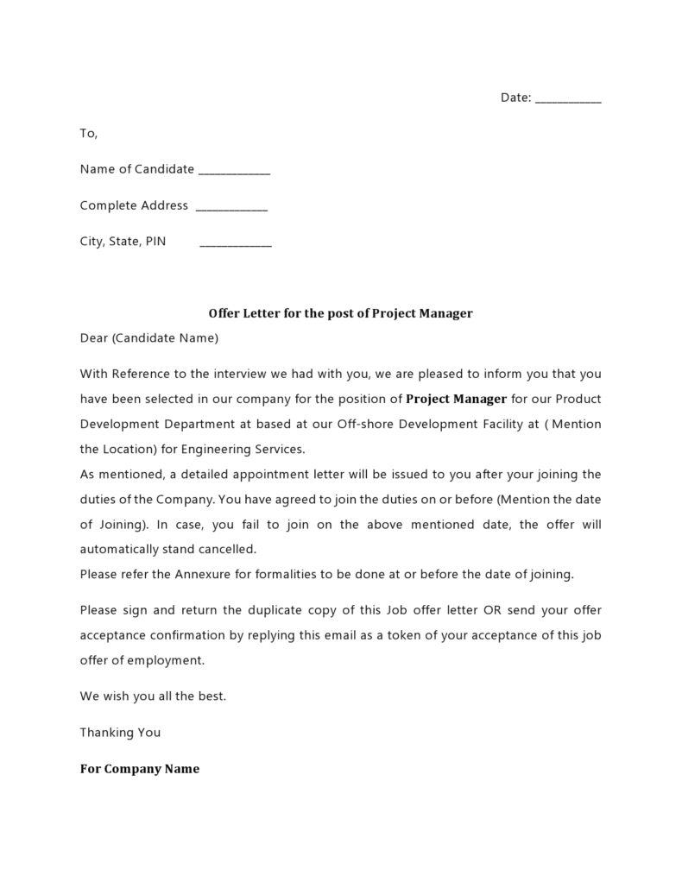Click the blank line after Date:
tap(568, 99)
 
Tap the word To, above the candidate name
tap(89, 134)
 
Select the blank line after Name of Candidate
tap(234, 171)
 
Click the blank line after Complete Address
tap(231, 207)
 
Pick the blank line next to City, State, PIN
tap(235, 243)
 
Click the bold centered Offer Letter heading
tap(340, 313)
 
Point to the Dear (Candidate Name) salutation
tap(149, 338)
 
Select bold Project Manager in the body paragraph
tap(456, 399)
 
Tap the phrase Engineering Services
tap(254, 449)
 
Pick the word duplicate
tap(256, 610)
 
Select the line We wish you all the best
tap(153, 696)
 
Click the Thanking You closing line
tap(120, 732)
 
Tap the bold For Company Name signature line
tap(139, 768)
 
